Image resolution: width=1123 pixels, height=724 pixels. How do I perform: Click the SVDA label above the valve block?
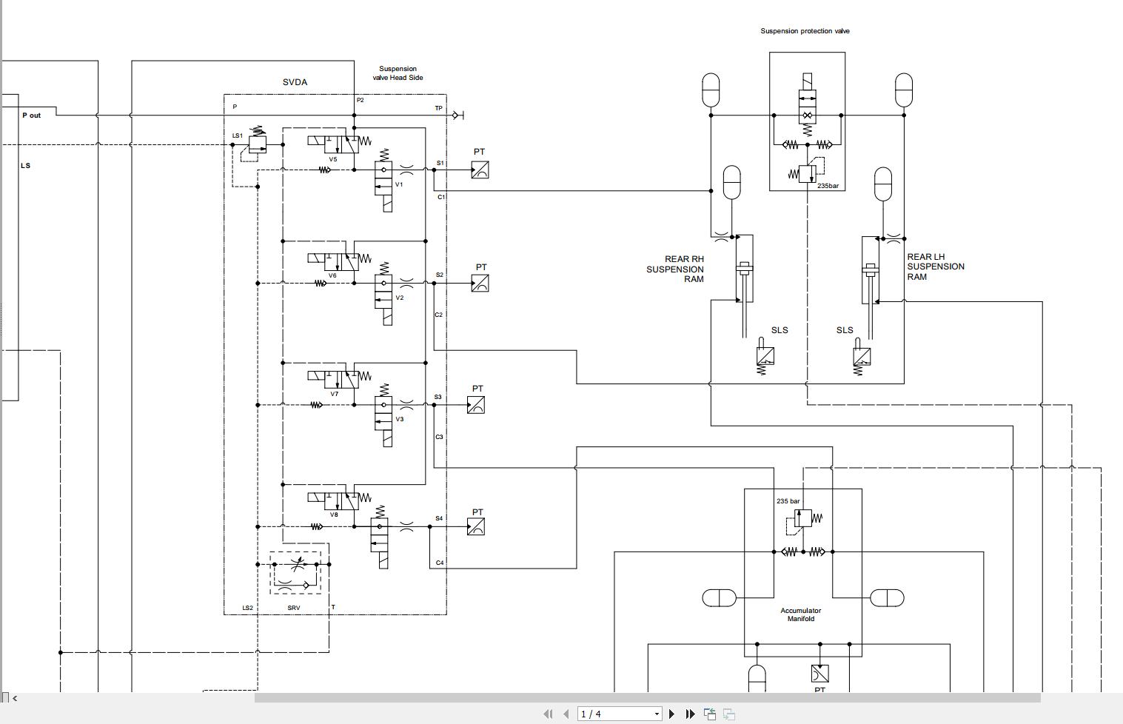[x=295, y=82]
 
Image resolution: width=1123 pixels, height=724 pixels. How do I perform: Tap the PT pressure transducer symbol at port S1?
[x=480, y=170]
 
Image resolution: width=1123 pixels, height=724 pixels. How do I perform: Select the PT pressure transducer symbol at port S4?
[x=477, y=526]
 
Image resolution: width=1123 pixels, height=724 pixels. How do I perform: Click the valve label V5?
[x=333, y=159]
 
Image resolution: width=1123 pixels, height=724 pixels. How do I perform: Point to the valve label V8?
[x=334, y=514]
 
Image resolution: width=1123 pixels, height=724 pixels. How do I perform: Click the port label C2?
[x=438, y=315]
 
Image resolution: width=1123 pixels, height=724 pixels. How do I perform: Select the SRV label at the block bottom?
[x=294, y=608]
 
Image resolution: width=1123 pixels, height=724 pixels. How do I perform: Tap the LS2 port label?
[x=247, y=608]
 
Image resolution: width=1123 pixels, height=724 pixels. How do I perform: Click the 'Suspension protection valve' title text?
[x=805, y=31]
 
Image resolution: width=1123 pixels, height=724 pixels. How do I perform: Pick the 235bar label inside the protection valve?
[x=828, y=186]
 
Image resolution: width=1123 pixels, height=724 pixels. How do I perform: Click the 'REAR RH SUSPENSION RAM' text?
[x=675, y=269]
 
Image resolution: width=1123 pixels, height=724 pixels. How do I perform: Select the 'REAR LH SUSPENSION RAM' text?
[x=935, y=267]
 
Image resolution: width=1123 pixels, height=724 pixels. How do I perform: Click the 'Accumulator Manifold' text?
[x=800, y=614]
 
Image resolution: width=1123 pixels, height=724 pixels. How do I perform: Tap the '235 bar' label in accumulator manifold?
[x=788, y=501]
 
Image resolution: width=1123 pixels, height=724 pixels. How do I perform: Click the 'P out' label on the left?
[x=31, y=115]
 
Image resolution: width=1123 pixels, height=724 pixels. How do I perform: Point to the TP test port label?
[x=438, y=108]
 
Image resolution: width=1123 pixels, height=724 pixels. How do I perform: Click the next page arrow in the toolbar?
[x=671, y=714]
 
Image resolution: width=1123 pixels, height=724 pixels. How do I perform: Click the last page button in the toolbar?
[x=690, y=714]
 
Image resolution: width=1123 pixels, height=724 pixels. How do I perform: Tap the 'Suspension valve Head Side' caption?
[x=398, y=73]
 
